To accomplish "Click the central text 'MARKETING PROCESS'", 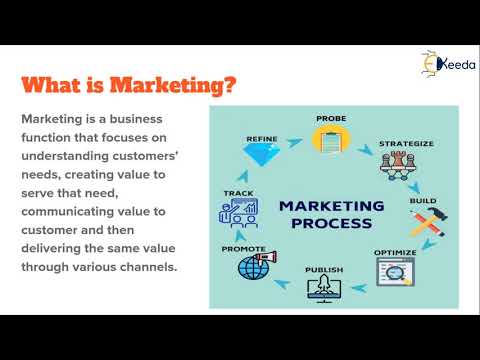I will [331, 214].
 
